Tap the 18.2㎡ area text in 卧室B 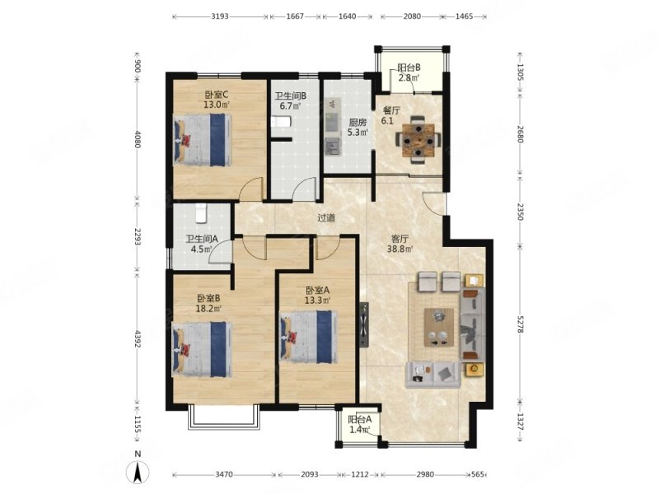209,310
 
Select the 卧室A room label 317,291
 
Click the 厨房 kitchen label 358,123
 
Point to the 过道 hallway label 326,218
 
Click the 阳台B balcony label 409,68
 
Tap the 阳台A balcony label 360,419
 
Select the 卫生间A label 202,239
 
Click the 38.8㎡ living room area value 400,249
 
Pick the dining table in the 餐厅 418,140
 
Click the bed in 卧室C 203,140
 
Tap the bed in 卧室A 308,337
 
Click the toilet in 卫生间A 201,213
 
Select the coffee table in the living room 439,327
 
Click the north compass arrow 138,472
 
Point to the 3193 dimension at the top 220,16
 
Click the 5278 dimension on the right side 520,324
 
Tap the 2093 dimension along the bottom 310,475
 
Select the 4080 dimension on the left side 138,138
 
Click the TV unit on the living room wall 364,324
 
